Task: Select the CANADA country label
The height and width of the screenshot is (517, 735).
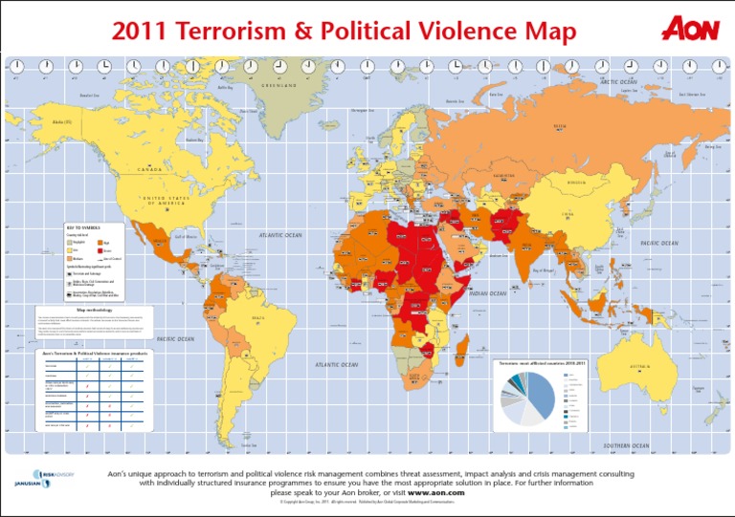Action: [151, 169]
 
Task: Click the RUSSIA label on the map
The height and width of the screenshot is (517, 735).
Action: [559, 125]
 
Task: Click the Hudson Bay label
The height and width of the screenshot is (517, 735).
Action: [194, 140]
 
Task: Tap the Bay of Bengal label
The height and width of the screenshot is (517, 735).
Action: [544, 270]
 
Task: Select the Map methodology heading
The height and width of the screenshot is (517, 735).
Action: [96, 310]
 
